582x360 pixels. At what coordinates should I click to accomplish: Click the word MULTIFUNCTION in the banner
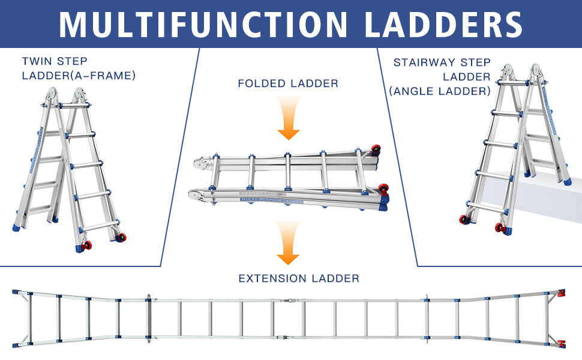coord(203,25)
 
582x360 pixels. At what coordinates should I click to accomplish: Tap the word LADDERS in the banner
coord(443,25)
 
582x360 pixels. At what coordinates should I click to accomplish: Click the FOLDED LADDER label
coord(288,83)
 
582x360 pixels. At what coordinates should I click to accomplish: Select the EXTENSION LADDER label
coord(299,278)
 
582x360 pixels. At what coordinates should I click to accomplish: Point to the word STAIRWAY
coord(423,62)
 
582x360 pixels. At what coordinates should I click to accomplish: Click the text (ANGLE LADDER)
coord(440,91)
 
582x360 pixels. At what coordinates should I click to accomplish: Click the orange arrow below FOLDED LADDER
coord(289,118)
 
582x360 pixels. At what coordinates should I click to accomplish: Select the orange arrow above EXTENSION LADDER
coord(288,243)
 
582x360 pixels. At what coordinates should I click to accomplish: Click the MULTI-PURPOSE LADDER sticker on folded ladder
coord(272,200)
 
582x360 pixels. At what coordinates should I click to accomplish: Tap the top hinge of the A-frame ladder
coord(66,95)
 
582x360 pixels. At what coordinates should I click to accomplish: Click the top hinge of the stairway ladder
coord(522,72)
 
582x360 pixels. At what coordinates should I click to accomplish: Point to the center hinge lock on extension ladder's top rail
coord(290,300)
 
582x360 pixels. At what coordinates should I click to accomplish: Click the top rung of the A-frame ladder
coord(74,106)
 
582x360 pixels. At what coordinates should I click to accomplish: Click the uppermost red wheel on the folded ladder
coord(376,149)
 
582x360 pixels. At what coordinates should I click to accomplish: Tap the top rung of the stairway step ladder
coord(514,83)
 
